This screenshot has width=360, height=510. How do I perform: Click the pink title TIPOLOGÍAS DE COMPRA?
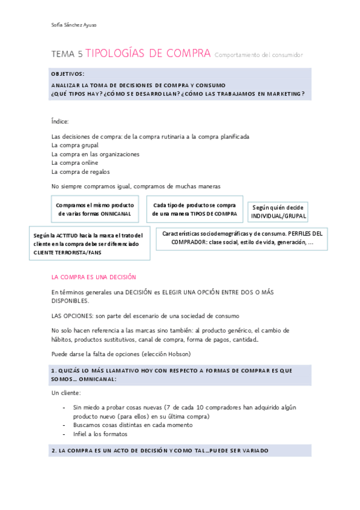(x=148, y=54)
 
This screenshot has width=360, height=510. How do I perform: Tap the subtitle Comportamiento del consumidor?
(x=258, y=55)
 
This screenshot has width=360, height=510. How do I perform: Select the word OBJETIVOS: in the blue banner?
(x=67, y=73)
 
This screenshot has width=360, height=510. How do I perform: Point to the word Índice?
(x=60, y=121)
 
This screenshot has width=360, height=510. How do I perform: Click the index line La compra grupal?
(x=75, y=145)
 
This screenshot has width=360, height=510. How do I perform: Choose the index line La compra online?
(x=75, y=162)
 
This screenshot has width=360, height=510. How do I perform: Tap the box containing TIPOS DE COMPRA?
(x=194, y=209)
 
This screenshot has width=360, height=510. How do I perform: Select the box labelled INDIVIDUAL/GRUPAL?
(x=278, y=211)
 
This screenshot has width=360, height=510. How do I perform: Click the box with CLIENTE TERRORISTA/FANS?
(x=88, y=243)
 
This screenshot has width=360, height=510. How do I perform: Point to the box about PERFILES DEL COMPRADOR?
(x=242, y=238)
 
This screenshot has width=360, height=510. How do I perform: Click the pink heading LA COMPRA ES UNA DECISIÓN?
(x=94, y=277)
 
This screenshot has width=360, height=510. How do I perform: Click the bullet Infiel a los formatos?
(x=100, y=434)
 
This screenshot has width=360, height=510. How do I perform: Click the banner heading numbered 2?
(x=159, y=450)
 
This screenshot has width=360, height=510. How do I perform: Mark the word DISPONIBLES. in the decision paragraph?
(x=69, y=301)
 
